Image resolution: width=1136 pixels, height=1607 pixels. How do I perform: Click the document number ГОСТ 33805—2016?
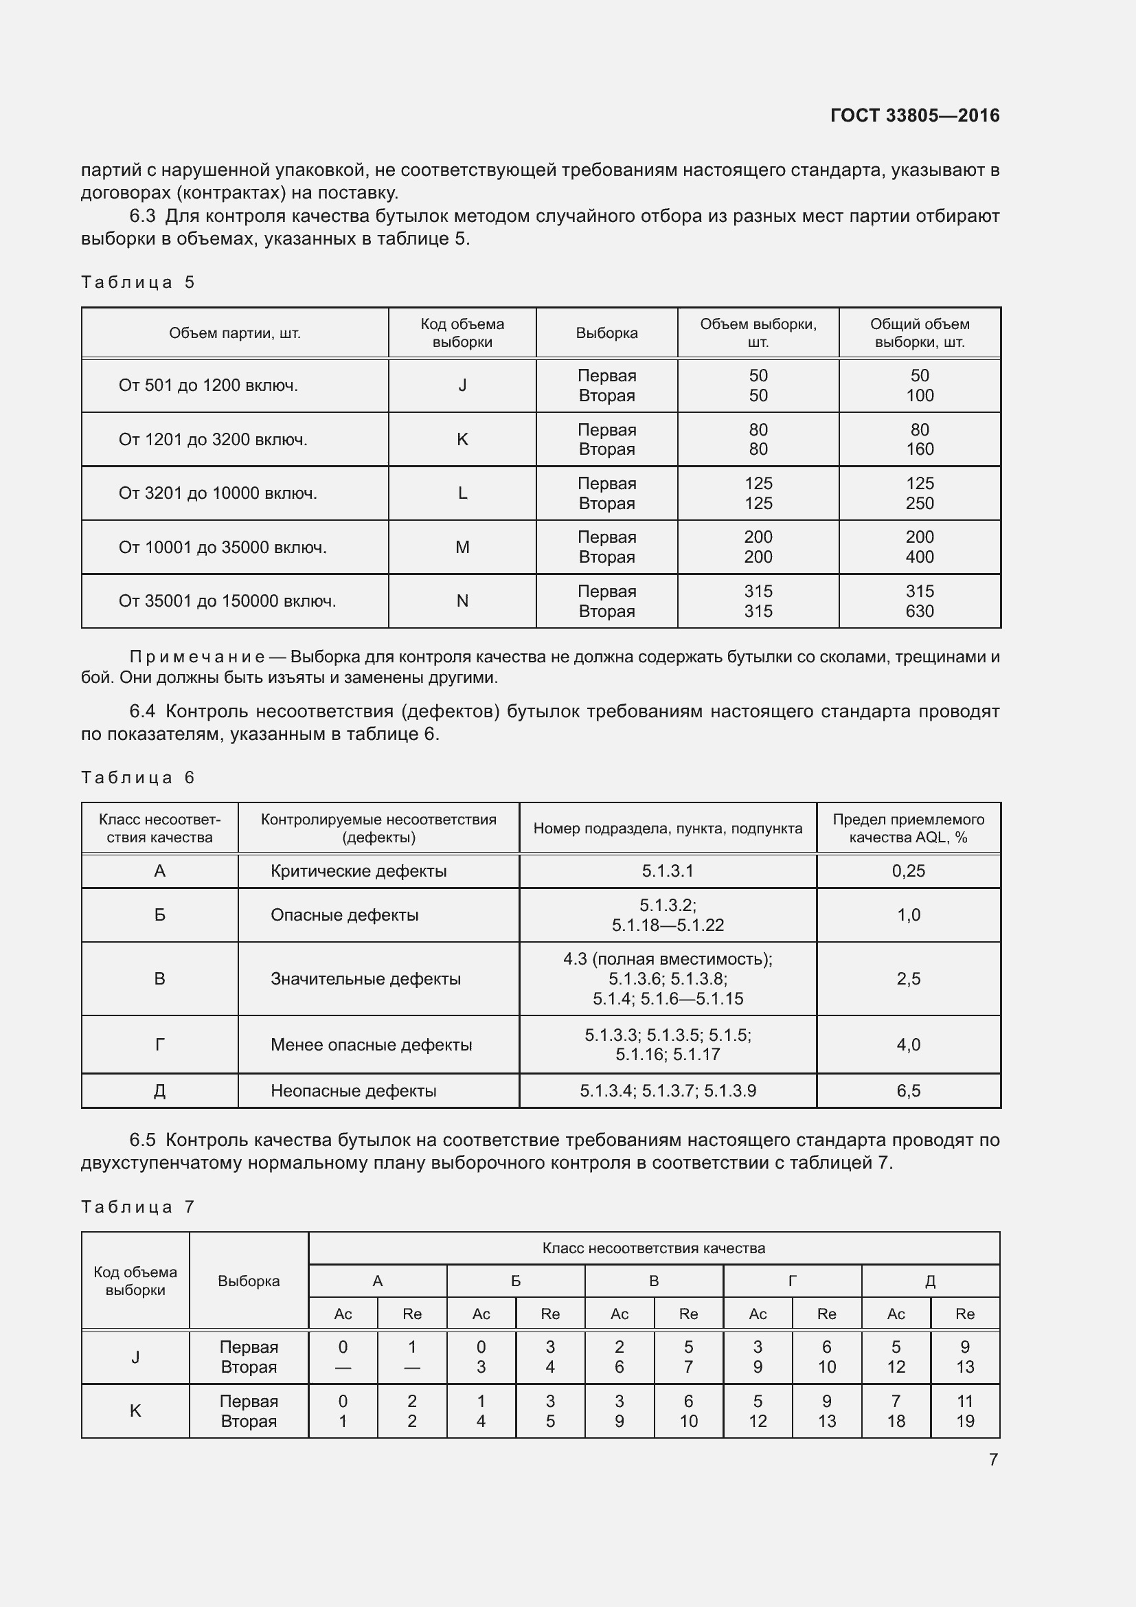coord(914,115)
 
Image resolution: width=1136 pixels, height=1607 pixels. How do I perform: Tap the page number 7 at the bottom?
coord(992,1459)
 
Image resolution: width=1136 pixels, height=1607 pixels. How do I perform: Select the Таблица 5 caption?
coord(138,282)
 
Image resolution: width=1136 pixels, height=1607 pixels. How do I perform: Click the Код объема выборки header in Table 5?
coord(462,333)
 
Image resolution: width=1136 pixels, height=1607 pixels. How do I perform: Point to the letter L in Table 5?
coord(462,493)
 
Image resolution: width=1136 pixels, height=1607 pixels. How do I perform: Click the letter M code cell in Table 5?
coord(462,548)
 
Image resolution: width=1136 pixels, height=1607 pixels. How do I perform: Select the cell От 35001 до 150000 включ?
coord(227,601)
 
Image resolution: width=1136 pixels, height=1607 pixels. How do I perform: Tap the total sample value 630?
coord(919,611)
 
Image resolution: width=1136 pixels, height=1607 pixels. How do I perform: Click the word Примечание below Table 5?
coord(196,658)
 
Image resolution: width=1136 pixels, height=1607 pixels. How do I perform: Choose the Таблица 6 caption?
coord(138,778)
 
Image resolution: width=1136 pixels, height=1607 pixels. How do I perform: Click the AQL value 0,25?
coord(908,871)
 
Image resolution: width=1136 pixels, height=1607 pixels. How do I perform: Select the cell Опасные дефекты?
coord(344,915)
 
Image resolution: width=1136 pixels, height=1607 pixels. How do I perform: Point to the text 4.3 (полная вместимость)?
coord(668,959)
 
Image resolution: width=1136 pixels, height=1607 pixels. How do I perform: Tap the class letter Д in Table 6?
coord(159,1091)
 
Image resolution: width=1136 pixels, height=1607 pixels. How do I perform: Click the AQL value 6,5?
coord(908,1091)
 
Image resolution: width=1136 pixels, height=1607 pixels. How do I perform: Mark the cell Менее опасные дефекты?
coord(371,1045)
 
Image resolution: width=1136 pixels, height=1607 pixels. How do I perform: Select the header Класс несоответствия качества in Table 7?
coord(653,1248)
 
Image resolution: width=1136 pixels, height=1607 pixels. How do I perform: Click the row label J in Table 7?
coord(135,1357)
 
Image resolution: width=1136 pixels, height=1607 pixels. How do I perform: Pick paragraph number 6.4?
coord(142,712)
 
